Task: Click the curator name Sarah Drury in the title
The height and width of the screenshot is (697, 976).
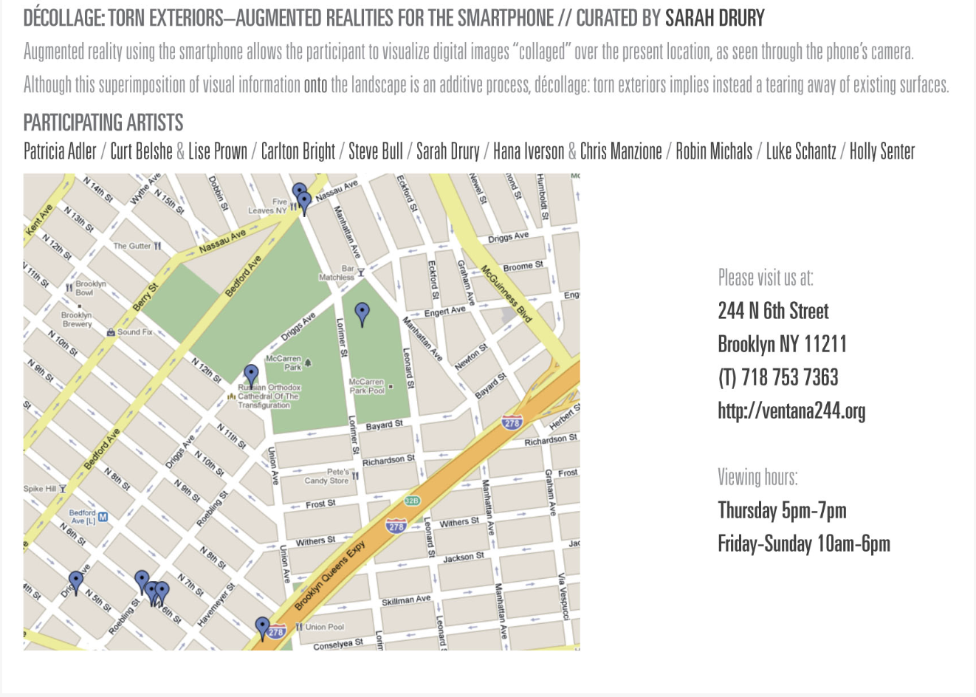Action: coord(715,18)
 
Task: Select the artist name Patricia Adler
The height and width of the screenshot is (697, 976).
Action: coord(60,151)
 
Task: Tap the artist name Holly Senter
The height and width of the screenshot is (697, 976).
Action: coord(882,151)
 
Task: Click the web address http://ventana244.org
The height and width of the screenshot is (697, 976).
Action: coord(791,411)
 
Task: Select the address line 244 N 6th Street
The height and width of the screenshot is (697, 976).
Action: coord(773,311)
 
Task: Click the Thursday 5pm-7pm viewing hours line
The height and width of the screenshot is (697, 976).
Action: coord(782,510)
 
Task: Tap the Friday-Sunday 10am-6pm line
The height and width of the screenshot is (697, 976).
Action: coord(804,544)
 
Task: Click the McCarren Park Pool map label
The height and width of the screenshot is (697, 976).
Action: coord(367,386)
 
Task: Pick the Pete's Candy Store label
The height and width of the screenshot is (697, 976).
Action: coord(328,476)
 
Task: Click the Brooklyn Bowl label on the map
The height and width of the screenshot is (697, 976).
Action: coord(90,288)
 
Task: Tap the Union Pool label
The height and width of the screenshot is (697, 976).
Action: coord(324,627)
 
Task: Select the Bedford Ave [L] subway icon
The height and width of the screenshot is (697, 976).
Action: coord(103,517)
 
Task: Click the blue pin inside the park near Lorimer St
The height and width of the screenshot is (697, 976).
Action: coord(362,313)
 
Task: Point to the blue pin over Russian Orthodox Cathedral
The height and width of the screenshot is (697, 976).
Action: coord(251,375)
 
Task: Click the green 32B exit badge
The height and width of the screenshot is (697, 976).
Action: coord(411,501)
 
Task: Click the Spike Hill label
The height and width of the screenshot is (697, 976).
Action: coord(40,489)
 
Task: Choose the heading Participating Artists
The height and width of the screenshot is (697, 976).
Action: coord(103,122)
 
